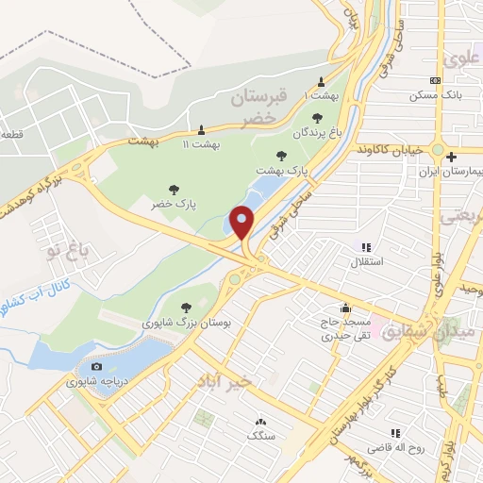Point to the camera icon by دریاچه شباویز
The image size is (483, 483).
tap(95, 366)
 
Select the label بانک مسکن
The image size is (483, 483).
tap(433, 95)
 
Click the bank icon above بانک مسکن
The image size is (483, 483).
tap(434, 81)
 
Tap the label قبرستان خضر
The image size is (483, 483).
tap(257, 107)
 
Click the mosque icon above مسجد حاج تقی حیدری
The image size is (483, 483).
tap(346, 307)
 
